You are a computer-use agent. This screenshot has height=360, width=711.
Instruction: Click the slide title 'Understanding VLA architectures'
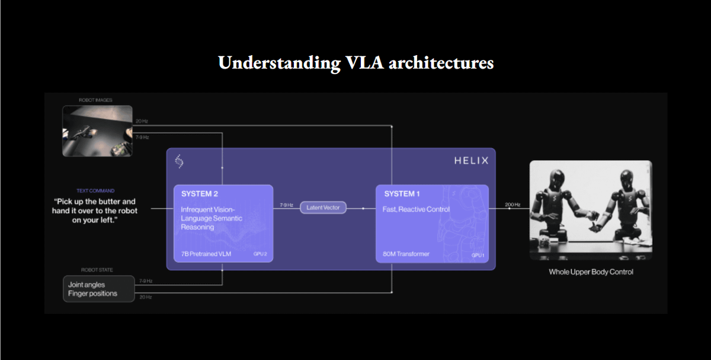(x=355, y=63)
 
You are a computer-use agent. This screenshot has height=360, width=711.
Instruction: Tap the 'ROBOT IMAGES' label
(x=95, y=100)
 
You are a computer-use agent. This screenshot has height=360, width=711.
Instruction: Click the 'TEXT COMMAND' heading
(x=95, y=191)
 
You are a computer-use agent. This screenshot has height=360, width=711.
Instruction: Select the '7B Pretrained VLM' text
(x=206, y=254)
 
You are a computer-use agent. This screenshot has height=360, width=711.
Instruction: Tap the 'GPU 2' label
(x=260, y=255)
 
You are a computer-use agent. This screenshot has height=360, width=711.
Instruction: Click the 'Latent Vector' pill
(x=323, y=208)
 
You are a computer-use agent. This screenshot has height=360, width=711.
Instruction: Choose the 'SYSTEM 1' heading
(x=403, y=194)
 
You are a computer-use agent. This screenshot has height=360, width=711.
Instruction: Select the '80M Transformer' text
(x=407, y=254)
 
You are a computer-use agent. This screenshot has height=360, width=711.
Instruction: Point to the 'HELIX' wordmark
(x=472, y=160)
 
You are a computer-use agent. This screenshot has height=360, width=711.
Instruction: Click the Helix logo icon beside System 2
(x=180, y=161)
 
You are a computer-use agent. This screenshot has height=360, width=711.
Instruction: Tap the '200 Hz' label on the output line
(x=513, y=204)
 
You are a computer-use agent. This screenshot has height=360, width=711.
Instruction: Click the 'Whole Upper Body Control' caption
(x=591, y=272)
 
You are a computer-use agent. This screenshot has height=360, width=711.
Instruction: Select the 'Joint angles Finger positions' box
(x=99, y=289)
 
